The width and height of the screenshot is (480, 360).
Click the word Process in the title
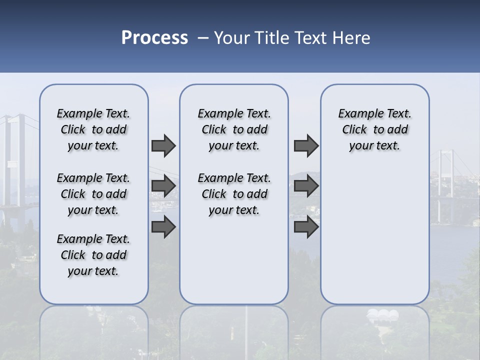tap(154, 37)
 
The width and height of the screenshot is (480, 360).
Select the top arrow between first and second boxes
tap(163, 145)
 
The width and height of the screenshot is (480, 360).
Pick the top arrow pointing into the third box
tap(306, 145)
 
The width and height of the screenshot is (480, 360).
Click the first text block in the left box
tap(93, 129)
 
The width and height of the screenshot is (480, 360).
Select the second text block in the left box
tap(93, 194)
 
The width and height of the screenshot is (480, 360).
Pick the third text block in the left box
tap(93, 255)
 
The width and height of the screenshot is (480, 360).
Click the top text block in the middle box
tap(234, 129)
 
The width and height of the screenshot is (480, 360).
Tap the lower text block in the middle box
tap(234, 194)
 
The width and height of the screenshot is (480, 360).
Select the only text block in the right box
tap(374, 129)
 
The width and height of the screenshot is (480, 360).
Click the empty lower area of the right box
tap(374, 240)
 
